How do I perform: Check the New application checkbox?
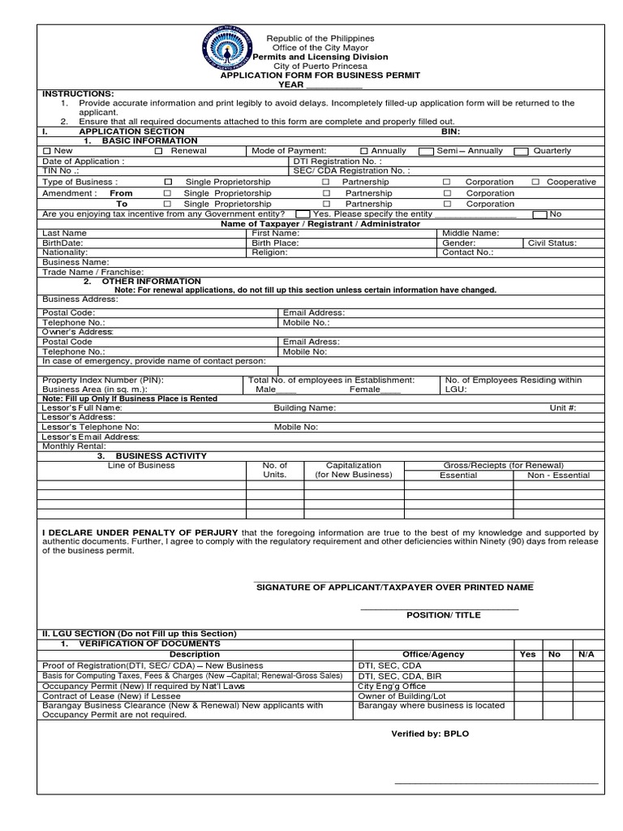(x=46, y=151)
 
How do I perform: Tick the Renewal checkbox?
(x=159, y=151)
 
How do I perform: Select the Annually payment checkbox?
(x=364, y=151)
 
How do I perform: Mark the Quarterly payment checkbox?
(x=522, y=151)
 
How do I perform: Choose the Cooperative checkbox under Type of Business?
(x=535, y=183)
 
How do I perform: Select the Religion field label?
(x=269, y=252)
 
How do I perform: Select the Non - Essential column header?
(x=558, y=476)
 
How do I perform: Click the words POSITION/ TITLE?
(x=444, y=615)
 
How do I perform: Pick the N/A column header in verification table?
(x=585, y=654)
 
